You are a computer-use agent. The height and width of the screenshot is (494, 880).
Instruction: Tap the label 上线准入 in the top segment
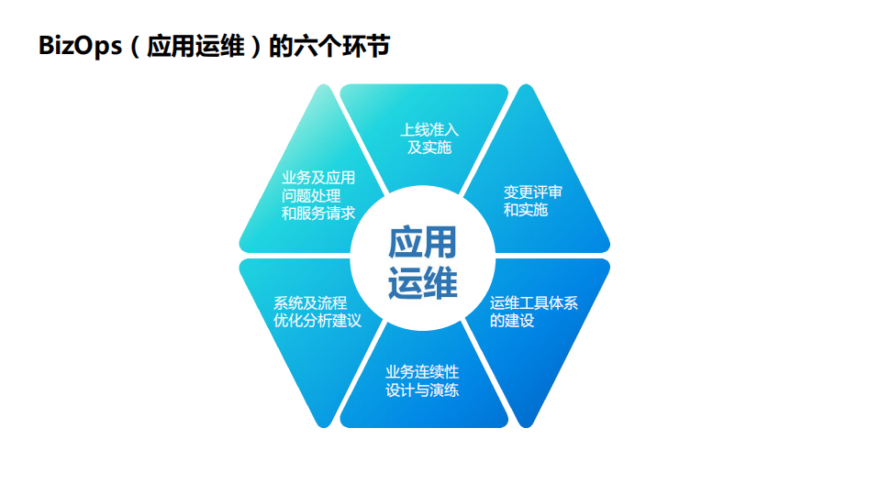point(429,130)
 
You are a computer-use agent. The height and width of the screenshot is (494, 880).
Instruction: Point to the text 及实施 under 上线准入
point(429,148)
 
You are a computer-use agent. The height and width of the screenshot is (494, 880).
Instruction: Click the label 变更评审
point(533,192)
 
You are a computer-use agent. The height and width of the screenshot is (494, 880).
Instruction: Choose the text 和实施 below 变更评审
point(526,210)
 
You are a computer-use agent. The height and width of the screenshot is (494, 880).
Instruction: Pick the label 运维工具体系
point(534,303)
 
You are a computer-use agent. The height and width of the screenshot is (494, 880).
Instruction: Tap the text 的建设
point(512,321)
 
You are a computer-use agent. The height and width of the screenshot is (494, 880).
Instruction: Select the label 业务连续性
point(422,373)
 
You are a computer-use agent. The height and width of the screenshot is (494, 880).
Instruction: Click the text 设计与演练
point(422,390)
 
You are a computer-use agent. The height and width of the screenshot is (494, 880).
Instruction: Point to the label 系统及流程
point(310,302)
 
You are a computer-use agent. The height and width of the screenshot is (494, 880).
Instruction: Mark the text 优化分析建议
point(317,321)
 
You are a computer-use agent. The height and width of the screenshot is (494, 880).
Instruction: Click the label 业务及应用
point(318,178)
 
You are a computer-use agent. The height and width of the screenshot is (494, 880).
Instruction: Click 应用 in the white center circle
point(422,244)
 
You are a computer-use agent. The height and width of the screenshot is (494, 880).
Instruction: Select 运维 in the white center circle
point(422,282)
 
